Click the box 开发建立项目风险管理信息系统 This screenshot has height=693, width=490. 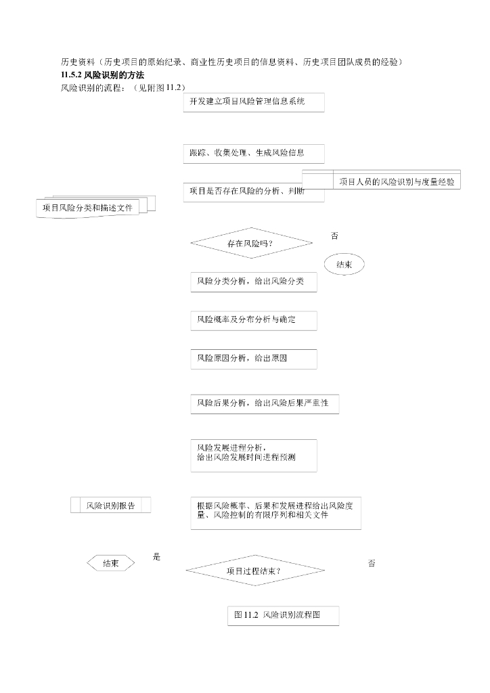[253, 102]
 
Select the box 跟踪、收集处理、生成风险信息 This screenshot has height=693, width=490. [253, 154]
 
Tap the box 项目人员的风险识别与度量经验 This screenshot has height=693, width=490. [397, 181]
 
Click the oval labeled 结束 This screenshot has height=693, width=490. [344, 265]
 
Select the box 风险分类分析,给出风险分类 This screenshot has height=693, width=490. [253, 282]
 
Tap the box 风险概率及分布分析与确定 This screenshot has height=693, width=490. [253, 320]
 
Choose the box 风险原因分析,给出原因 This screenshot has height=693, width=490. [253, 359]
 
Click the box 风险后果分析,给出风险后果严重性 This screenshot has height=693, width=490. [264, 403]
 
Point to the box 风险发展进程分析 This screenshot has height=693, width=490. [253, 455]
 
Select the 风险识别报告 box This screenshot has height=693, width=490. [110, 506]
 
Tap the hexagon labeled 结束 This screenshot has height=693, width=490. [111, 563]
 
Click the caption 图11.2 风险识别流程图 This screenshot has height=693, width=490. [282, 615]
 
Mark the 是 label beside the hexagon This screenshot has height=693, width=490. [157, 557]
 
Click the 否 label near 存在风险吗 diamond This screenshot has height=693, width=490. [334, 236]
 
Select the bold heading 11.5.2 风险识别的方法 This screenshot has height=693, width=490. [102, 74]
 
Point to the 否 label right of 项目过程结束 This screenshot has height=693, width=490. [372, 563]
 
